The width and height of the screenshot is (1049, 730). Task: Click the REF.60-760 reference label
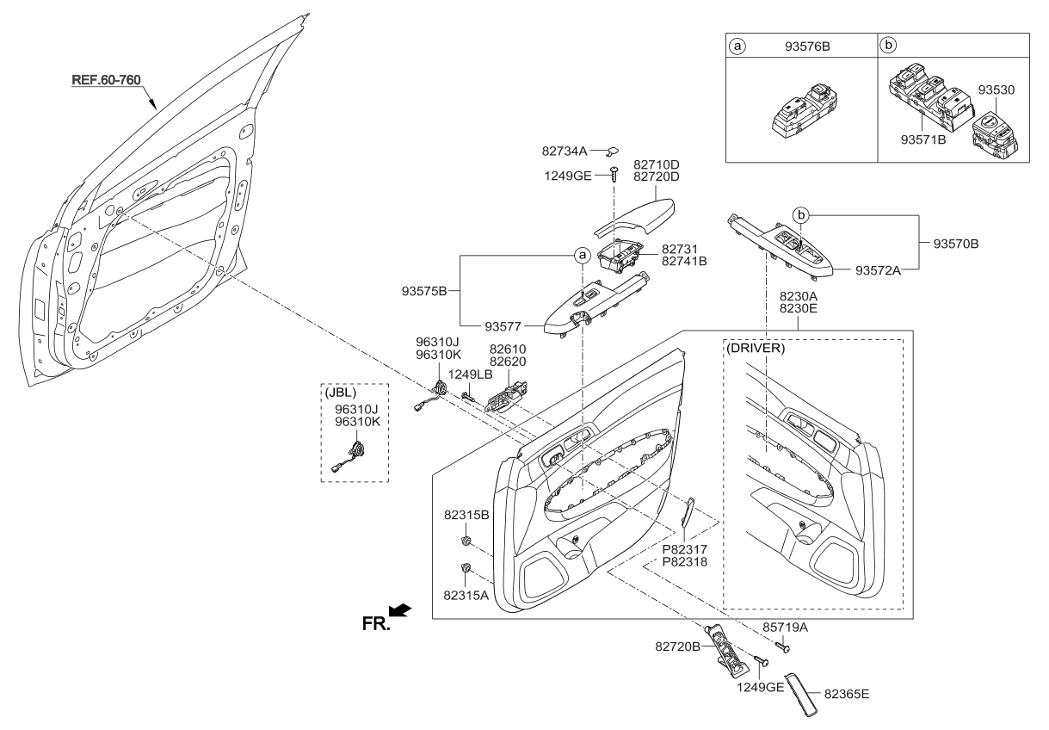point(106,80)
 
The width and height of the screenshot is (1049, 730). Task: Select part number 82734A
point(565,151)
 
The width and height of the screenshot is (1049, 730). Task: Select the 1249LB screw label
point(470,374)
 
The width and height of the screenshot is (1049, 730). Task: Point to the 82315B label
point(467,515)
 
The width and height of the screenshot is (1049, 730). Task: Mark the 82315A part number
point(467,595)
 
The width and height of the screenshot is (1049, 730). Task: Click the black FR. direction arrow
point(400,610)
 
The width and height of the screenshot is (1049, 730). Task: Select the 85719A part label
point(785,628)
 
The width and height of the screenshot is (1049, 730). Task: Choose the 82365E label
point(853,691)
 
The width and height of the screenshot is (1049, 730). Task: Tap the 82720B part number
point(679,644)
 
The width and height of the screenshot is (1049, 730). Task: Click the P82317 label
point(686,548)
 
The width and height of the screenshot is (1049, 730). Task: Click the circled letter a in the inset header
point(737,46)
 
